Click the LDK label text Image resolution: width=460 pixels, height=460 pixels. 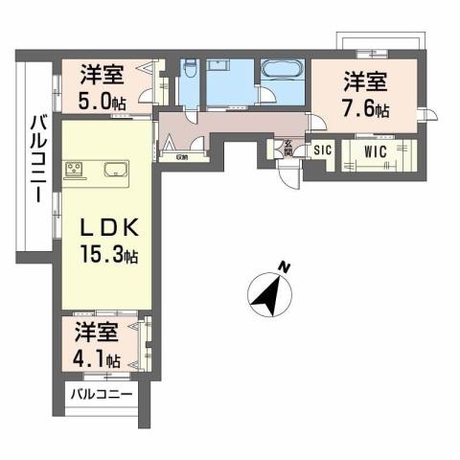click(105, 230)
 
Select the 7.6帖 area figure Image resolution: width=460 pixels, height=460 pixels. click(367, 109)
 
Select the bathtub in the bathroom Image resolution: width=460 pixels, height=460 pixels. click(282, 72)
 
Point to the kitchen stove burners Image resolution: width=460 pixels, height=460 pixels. click(75, 172)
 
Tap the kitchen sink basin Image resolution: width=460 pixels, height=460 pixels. click(112, 172)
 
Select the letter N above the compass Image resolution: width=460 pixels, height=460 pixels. click(282, 266)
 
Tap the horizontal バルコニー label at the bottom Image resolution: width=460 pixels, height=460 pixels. click(99, 395)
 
